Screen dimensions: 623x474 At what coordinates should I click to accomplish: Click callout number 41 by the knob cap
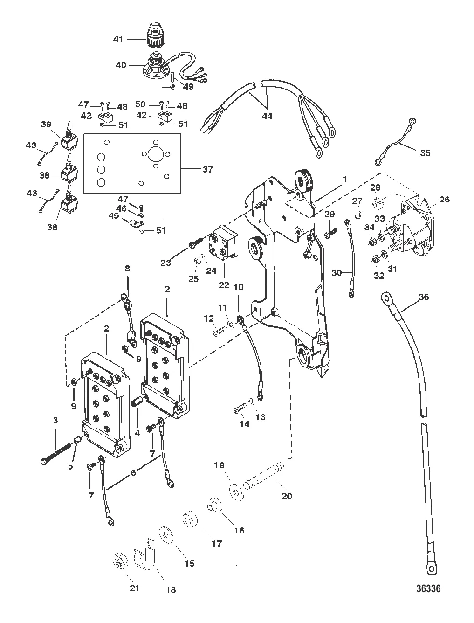pyautogui.click(x=118, y=39)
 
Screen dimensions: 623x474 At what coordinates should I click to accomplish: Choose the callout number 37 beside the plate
pyautogui.click(x=208, y=170)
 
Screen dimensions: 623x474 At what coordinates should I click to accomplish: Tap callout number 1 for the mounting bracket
pyautogui.click(x=345, y=179)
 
